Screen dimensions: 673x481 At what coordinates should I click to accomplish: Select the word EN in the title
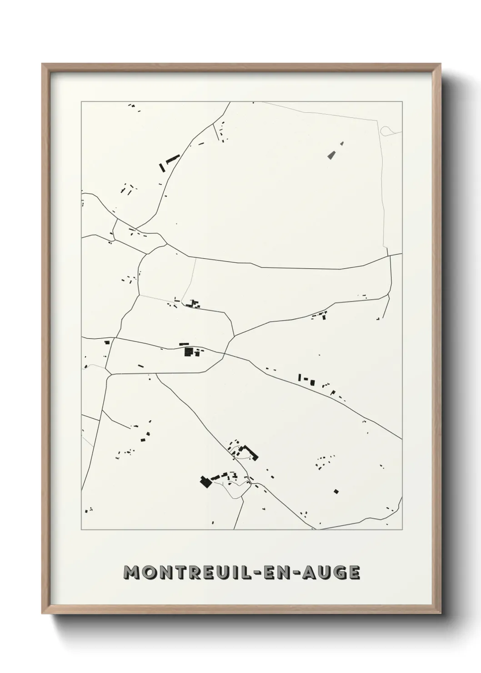282,573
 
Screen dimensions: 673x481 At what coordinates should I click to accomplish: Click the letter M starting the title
132,573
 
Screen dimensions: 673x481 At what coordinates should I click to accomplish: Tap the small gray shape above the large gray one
341,143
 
